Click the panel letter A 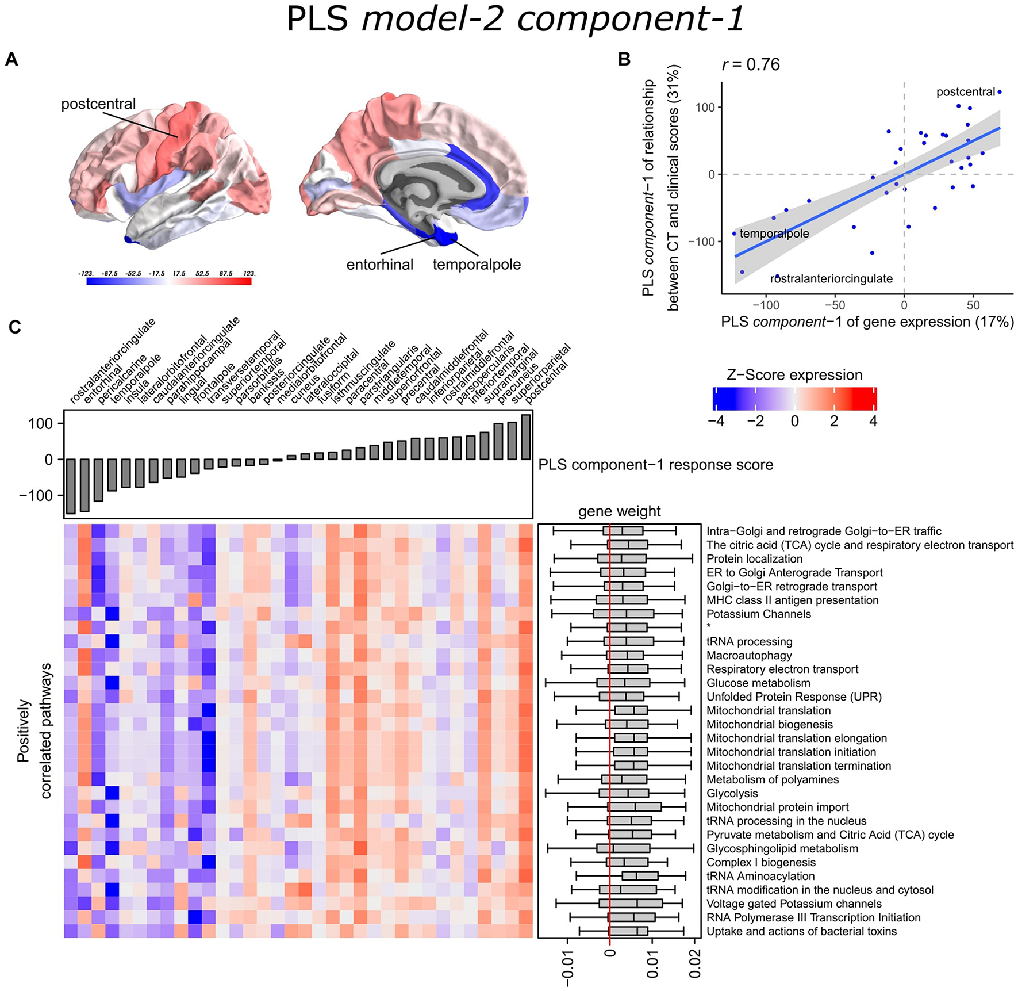click(x=11, y=59)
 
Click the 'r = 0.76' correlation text click(x=751, y=64)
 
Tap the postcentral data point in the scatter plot click(x=1000, y=92)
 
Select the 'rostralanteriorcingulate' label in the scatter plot click(x=831, y=279)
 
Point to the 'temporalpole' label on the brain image click(x=477, y=265)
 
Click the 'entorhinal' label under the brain click(x=379, y=265)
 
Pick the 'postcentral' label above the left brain click(x=98, y=104)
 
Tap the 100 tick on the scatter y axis click(x=705, y=108)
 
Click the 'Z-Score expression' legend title click(x=794, y=375)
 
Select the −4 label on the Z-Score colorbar click(x=716, y=421)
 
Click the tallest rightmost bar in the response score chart click(x=525, y=437)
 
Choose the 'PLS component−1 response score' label click(x=655, y=465)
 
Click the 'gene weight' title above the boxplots click(x=619, y=511)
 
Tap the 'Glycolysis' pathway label click(x=732, y=793)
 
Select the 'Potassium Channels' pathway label click(x=758, y=614)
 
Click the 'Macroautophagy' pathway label click(x=749, y=655)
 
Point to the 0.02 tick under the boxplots click(x=694, y=963)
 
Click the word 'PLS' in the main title click(x=317, y=18)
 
